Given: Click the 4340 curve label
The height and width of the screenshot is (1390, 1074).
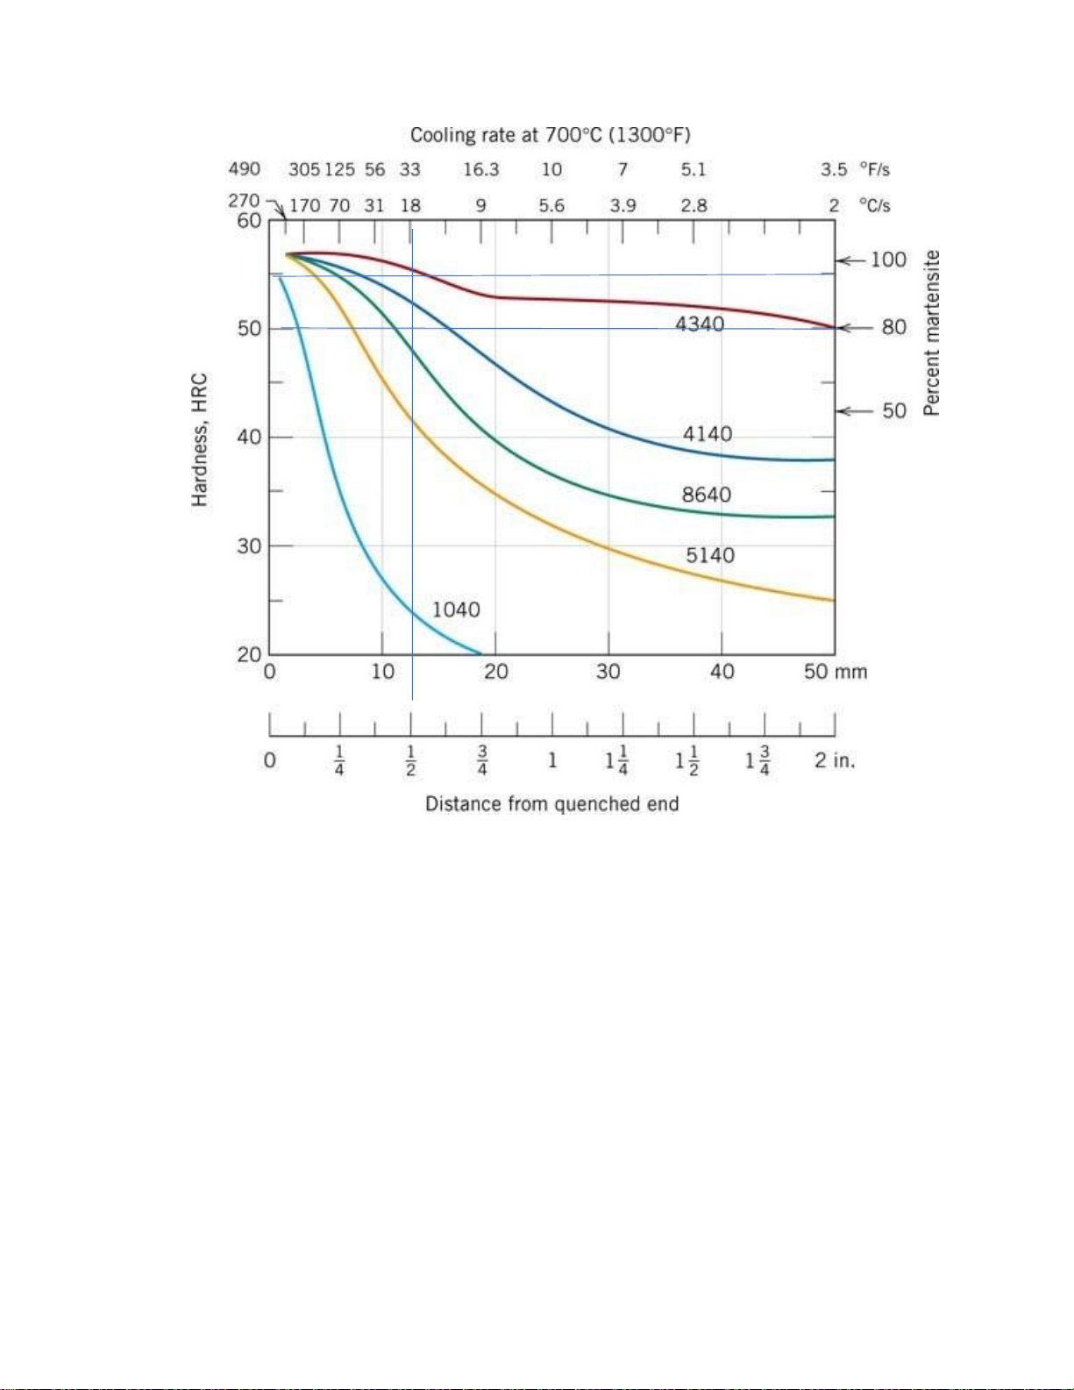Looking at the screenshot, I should pos(700,324).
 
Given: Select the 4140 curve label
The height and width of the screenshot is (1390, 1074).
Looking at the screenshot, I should pos(708,434).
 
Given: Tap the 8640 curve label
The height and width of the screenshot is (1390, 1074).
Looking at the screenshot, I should pos(707,495).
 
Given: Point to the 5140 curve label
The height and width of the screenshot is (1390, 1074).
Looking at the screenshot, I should pos(710,555).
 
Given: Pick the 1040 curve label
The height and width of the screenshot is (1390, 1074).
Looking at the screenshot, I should pos(456,609).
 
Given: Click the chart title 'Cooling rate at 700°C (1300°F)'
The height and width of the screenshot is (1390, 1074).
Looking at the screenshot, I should pos(551,135).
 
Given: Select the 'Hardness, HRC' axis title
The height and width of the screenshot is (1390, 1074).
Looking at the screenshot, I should pos(200,440).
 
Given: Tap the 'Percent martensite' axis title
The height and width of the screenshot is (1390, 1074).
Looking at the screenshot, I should pos(932,333).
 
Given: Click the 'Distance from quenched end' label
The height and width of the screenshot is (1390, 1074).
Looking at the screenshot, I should pos(552,804).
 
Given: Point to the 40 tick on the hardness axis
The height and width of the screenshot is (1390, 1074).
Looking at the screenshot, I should pos(249,437).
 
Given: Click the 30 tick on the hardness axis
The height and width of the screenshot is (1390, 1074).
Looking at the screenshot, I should pos(249,545).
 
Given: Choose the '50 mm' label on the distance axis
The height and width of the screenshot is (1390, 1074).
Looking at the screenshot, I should pos(835,672).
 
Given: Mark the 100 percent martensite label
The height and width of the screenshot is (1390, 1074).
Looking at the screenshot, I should pos(887,260).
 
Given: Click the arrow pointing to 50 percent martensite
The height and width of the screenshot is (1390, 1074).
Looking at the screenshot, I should pos(850,410).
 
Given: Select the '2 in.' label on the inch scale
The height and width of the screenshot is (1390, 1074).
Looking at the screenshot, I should pos(834,760).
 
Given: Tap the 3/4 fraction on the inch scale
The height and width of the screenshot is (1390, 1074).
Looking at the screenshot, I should pos(482,760).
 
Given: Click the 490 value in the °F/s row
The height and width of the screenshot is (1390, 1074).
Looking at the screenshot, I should pos(245,169).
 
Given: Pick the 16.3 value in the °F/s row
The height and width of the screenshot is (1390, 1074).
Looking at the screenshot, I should pos(481,169).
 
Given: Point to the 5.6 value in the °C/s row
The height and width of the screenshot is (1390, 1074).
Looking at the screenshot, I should pos(551,206).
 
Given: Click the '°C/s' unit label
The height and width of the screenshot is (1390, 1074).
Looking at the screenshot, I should pos(874,206).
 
